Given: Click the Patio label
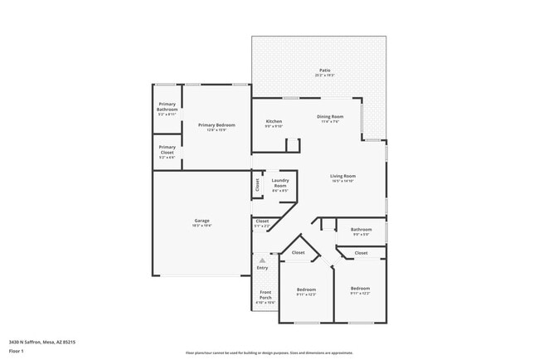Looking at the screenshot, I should click(x=325, y=70).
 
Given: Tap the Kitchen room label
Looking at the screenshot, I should click(x=274, y=122).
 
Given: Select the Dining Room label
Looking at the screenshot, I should click(x=330, y=117).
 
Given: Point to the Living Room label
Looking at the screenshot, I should click(x=342, y=176).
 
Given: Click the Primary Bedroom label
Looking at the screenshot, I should click(x=216, y=125).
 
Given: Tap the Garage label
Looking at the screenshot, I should click(x=202, y=220).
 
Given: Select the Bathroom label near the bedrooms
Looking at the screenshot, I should click(x=361, y=229).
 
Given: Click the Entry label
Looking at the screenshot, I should click(x=262, y=268).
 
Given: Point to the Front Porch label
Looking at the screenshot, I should click(x=265, y=294).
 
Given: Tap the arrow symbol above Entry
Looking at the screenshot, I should click(x=262, y=260).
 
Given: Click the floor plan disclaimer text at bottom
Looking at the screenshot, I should click(x=269, y=353).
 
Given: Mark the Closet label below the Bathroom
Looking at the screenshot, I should click(x=361, y=253).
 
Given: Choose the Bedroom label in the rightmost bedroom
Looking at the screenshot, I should click(x=360, y=289).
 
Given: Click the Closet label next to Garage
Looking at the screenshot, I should click(x=262, y=221).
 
